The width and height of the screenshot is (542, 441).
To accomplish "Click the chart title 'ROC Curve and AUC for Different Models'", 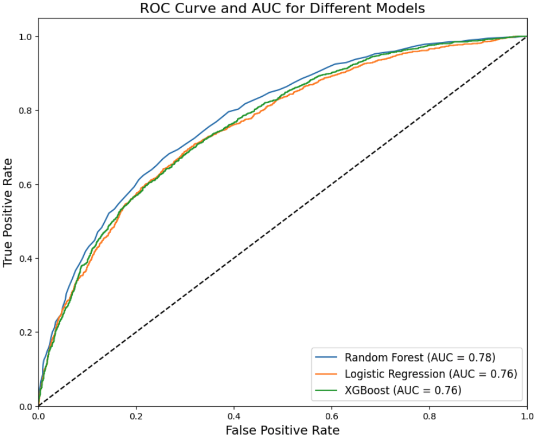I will pos(282,9).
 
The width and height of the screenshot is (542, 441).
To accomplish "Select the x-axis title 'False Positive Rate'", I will pos(282,430).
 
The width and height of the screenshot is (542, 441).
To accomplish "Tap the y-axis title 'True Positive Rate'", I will pos(8,221).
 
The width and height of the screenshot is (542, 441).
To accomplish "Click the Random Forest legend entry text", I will pos(420,358).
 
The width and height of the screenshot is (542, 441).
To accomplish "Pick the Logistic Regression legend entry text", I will pos(431,374).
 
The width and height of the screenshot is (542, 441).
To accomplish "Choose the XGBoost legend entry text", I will pos(403,391).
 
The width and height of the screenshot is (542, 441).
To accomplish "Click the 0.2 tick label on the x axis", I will pos(136,415).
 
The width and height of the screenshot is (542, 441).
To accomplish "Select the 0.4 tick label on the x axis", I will pos(233,415).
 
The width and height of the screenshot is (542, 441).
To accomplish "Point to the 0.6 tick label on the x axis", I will pos(331,415).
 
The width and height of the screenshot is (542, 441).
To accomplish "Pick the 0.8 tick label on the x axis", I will pos(429,415).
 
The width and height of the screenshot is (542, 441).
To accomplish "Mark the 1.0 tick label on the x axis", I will pos(526,415).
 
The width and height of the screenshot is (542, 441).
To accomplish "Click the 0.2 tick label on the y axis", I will pos(25,333).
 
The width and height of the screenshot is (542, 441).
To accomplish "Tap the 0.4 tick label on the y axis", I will pos(25,258).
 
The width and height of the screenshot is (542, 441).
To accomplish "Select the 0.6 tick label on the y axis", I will pos(25,184).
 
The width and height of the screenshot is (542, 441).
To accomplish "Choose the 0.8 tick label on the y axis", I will pos(25,111).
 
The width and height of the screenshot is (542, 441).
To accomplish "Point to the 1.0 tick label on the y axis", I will pos(25,37).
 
